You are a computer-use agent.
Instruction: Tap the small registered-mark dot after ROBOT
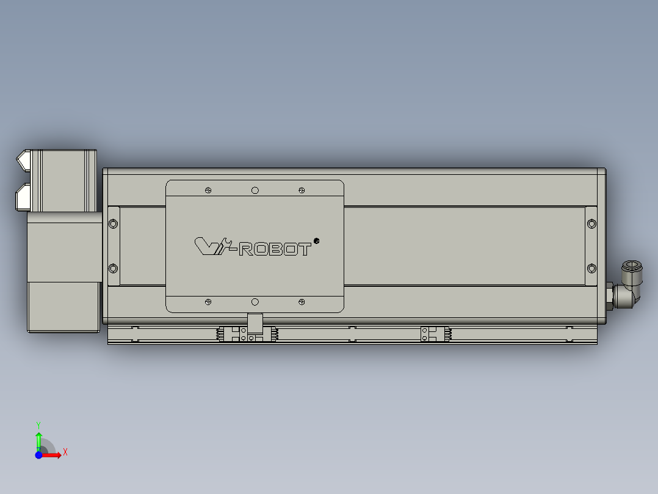click(316, 240)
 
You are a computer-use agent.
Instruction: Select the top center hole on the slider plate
click(255, 191)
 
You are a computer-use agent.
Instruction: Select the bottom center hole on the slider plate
click(255, 301)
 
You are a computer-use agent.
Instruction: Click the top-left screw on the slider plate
click(209, 191)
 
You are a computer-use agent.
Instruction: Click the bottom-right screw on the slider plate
click(302, 301)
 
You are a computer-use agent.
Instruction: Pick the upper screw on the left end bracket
click(113, 223)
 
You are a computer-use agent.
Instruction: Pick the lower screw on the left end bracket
click(113, 268)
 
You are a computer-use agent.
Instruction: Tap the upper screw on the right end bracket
click(591, 223)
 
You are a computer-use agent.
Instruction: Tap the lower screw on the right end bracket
click(591, 268)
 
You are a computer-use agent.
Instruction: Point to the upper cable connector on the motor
click(24, 160)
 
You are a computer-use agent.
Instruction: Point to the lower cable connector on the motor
click(24, 196)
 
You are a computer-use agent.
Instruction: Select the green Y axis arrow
click(38, 439)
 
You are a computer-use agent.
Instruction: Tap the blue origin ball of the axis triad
click(38, 455)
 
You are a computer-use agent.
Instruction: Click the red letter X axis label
click(65, 452)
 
